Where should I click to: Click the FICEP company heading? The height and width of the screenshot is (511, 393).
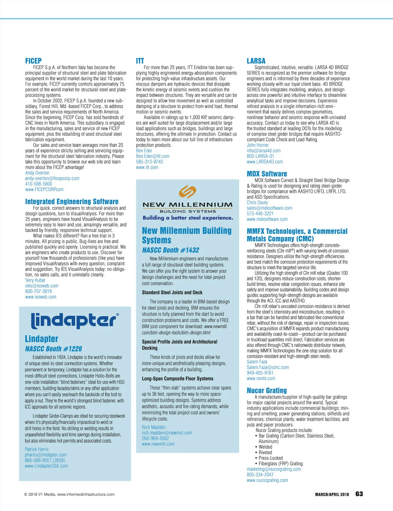click(x=33, y=61)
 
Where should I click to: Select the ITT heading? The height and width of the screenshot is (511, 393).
click(x=140, y=61)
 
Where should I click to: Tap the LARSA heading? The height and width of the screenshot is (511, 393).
click(x=256, y=61)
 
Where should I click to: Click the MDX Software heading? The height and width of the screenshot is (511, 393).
click(x=267, y=174)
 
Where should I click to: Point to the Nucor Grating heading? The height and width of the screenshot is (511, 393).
click(x=267, y=390)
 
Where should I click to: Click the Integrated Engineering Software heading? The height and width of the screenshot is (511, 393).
click(x=72, y=201)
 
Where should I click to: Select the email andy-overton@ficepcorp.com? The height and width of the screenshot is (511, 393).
click(x=52, y=178)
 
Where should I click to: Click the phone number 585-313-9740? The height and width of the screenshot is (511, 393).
click(x=149, y=162)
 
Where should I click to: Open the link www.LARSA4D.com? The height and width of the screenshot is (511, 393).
click(x=265, y=162)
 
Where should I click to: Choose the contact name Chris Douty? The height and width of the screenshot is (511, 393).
click(x=257, y=202)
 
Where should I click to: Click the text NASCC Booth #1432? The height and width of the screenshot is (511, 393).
click(x=170, y=250)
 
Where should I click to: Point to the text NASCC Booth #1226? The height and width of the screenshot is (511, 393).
click(x=53, y=349)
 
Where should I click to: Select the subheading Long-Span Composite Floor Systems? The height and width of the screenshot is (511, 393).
click(x=178, y=378)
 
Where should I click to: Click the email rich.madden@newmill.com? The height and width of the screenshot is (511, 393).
click(x=167, y=433)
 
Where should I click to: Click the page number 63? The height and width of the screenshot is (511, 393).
click(x=359, y=494)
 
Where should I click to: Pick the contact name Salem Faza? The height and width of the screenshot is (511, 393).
click(x=257, y=362)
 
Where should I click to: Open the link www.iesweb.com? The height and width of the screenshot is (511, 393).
click(x=41, y=297)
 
